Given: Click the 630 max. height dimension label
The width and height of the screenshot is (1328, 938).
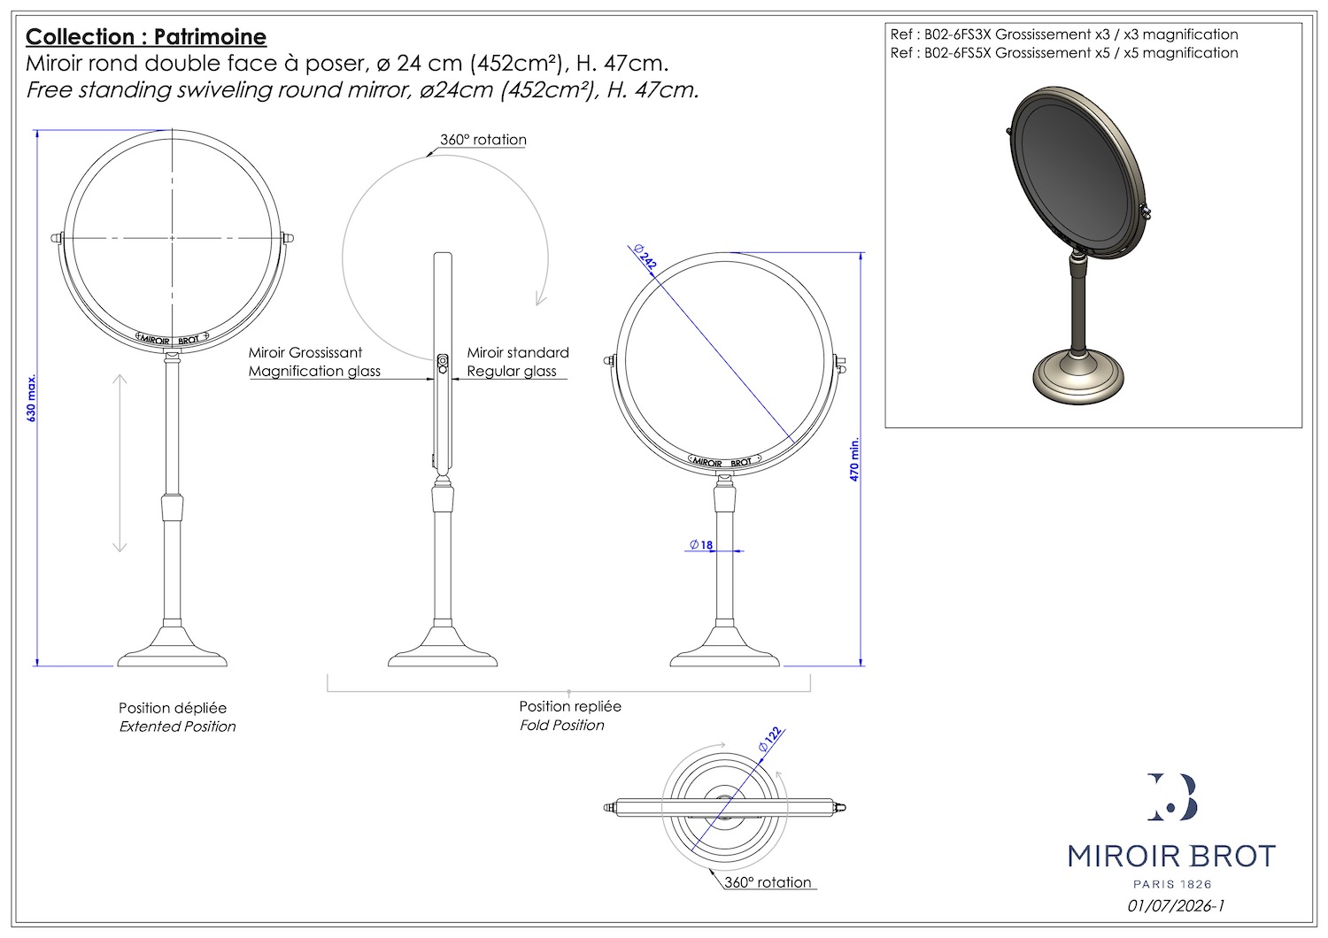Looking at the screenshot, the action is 31,397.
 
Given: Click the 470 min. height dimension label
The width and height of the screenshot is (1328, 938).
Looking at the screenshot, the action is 854,459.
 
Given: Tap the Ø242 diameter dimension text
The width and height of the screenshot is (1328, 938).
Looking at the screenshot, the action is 645,258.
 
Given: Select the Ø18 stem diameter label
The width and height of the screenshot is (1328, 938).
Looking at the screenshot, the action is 701,544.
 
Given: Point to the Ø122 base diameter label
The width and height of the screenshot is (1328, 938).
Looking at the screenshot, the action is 770,740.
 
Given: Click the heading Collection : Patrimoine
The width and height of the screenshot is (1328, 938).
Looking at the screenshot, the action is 146,37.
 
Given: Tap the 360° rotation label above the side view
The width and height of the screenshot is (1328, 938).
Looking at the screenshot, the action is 483,139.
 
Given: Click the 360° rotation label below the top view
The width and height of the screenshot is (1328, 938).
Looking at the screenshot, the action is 768,882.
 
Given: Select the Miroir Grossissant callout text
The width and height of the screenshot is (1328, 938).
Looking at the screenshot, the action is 305,352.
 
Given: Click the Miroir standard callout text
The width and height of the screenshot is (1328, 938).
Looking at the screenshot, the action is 518,352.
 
